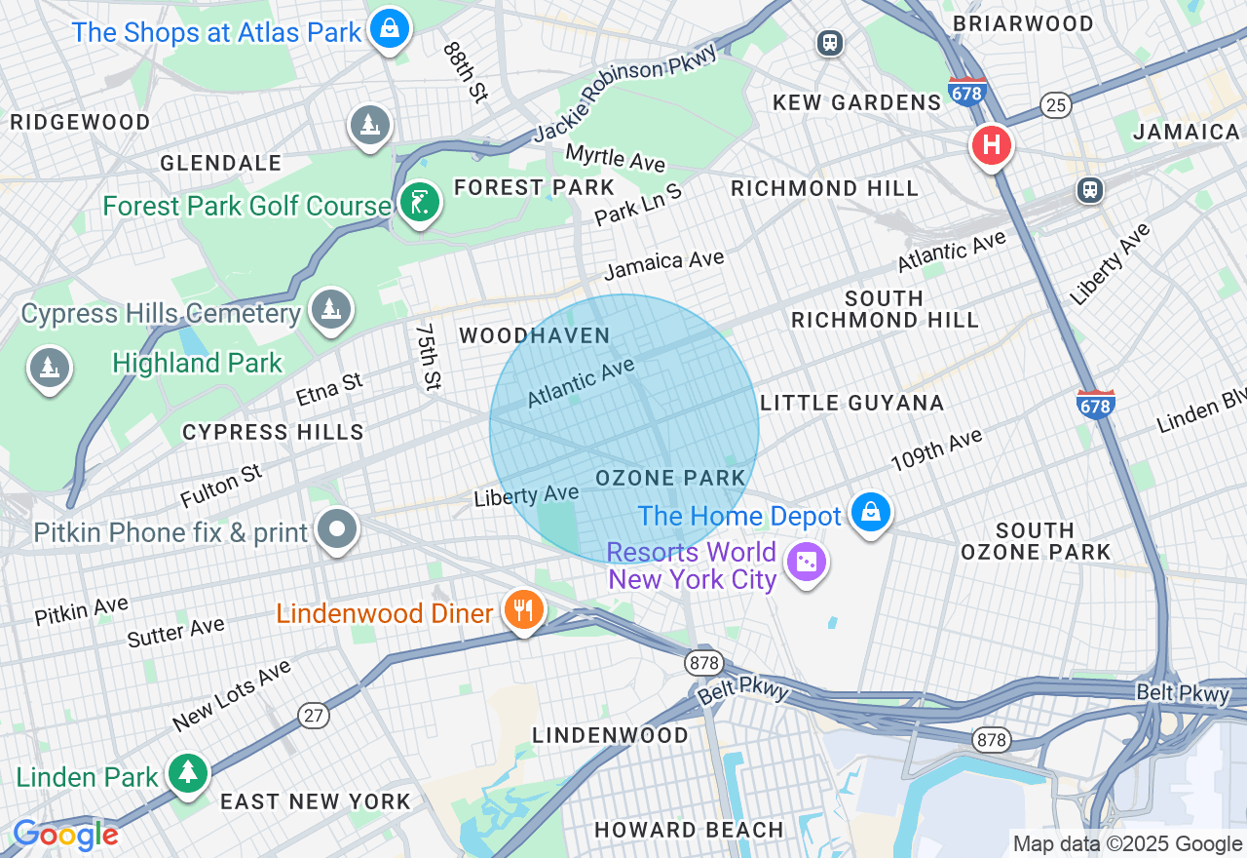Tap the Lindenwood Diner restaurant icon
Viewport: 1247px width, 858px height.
(524, 610)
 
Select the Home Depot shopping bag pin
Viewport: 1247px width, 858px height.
(870, 512)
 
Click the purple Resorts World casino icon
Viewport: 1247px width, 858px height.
(807, 563)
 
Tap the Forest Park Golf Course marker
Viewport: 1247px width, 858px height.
(420, 203)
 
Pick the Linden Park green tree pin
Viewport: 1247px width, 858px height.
(187, 773)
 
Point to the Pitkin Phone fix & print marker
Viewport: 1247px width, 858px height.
(338, 530)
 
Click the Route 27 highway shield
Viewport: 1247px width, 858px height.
(313, 716)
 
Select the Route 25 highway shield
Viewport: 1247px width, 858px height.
(1055, 104)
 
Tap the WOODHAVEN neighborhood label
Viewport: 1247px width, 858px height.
(535, 336)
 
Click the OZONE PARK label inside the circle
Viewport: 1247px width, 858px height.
(670, 479)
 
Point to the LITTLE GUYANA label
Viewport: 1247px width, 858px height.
(851, 403)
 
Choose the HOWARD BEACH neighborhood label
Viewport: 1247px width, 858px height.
(689, 830)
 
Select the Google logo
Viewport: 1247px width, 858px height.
(65, 836)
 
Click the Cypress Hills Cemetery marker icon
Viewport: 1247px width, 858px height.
(330, 309)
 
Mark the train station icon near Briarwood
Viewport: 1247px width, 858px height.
(830, 43)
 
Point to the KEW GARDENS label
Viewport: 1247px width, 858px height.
(856, 102)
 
